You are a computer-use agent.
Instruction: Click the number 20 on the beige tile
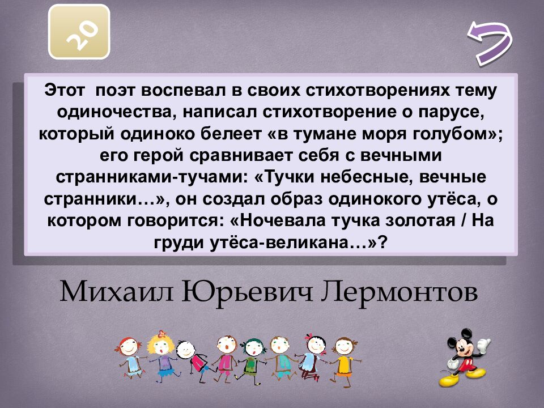point(79,31)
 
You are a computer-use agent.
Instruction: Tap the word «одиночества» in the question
point(107,112)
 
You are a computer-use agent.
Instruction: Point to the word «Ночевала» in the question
point(295,221)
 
